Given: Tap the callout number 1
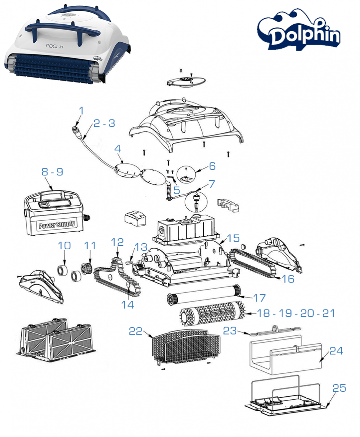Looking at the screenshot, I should (81, 110).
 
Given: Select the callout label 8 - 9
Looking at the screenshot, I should (52, 172).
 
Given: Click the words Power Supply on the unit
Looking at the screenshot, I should (57, 225).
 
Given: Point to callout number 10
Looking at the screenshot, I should (64, 246).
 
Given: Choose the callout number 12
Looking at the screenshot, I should (118, 242).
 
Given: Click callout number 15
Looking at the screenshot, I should (233, 238).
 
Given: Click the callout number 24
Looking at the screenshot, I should (336, 351).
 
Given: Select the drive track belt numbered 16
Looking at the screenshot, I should (253, 262).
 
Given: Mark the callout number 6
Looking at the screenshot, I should (212, 166).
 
